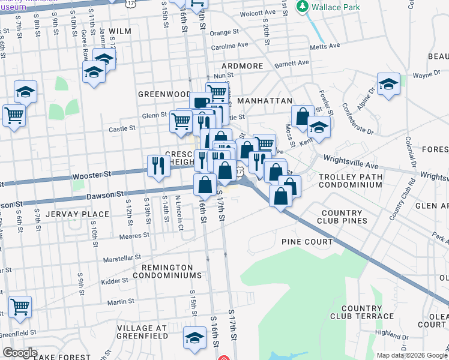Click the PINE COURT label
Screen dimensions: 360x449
pos(307,242)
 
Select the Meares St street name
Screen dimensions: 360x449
pos(139,236)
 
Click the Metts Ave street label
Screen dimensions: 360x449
pos(324,46)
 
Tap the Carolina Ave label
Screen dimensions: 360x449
pos(229,45)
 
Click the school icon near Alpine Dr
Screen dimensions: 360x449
pos(388,85)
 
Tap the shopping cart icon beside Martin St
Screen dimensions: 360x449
pos(20,307)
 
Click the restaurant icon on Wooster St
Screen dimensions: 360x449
pos(158,165)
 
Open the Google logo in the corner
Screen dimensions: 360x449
pos(19,353)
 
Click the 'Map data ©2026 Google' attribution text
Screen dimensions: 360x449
pos(412,355)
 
